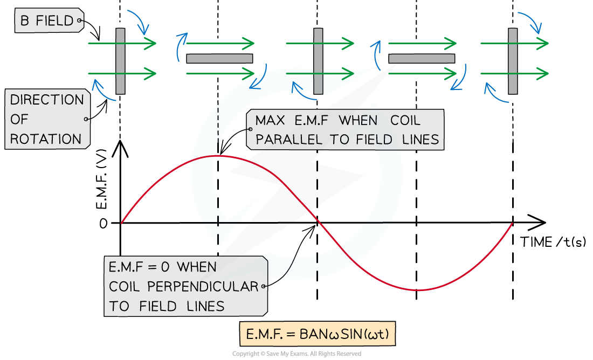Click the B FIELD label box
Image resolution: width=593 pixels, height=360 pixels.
(47, 21)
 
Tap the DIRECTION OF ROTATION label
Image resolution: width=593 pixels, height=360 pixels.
(47, 119)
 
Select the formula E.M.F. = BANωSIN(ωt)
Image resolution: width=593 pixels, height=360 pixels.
(318, 335)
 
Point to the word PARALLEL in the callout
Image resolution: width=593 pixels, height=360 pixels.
(288, 140)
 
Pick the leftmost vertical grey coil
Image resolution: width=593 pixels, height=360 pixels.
(120, 61)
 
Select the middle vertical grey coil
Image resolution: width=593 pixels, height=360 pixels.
(318, 61)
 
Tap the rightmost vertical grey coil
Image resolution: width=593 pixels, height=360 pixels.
(513, 61)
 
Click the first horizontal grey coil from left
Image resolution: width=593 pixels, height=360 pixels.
(219, 59)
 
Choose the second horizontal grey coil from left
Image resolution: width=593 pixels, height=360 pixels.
(422, 59)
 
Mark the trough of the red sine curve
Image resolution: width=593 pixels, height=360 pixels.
(418, 290)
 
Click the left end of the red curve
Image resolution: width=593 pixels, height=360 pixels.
(122, 222)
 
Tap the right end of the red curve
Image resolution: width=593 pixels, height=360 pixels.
(512, 223)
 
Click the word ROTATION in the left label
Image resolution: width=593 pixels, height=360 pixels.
(46, 139)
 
